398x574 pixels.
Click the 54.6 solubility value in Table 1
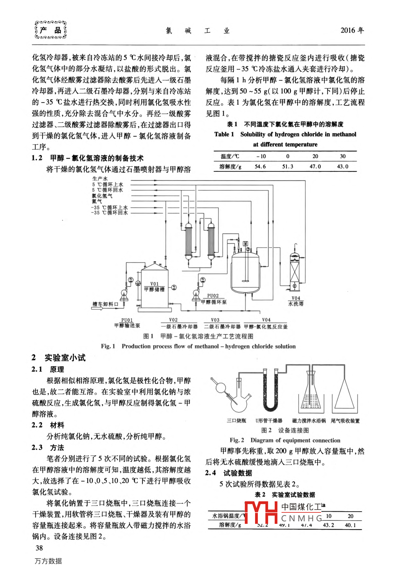coord(260,166)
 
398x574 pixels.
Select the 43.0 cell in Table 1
coord(342,166)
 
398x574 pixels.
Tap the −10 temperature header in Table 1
coord(260,156)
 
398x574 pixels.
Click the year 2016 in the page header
coord(352,30)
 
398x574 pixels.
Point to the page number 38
coord(39,548)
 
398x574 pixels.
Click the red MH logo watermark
coord(261,513)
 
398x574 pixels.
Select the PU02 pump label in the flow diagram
coord(213,295)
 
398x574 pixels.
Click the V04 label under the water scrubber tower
coord(296,298)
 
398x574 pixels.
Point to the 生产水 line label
coord(100,179)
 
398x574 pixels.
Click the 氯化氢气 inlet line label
coord(102,196)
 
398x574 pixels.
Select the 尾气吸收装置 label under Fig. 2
coord(345,421)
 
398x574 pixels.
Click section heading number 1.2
coord(37,158)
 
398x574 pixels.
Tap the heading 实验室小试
coord(65,358)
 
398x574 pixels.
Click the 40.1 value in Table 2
coord(350,525)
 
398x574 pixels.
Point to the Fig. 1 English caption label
coord(108,346)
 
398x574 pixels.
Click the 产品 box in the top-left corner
coord(51,30)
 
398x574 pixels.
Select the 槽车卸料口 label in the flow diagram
coord(105,304)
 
